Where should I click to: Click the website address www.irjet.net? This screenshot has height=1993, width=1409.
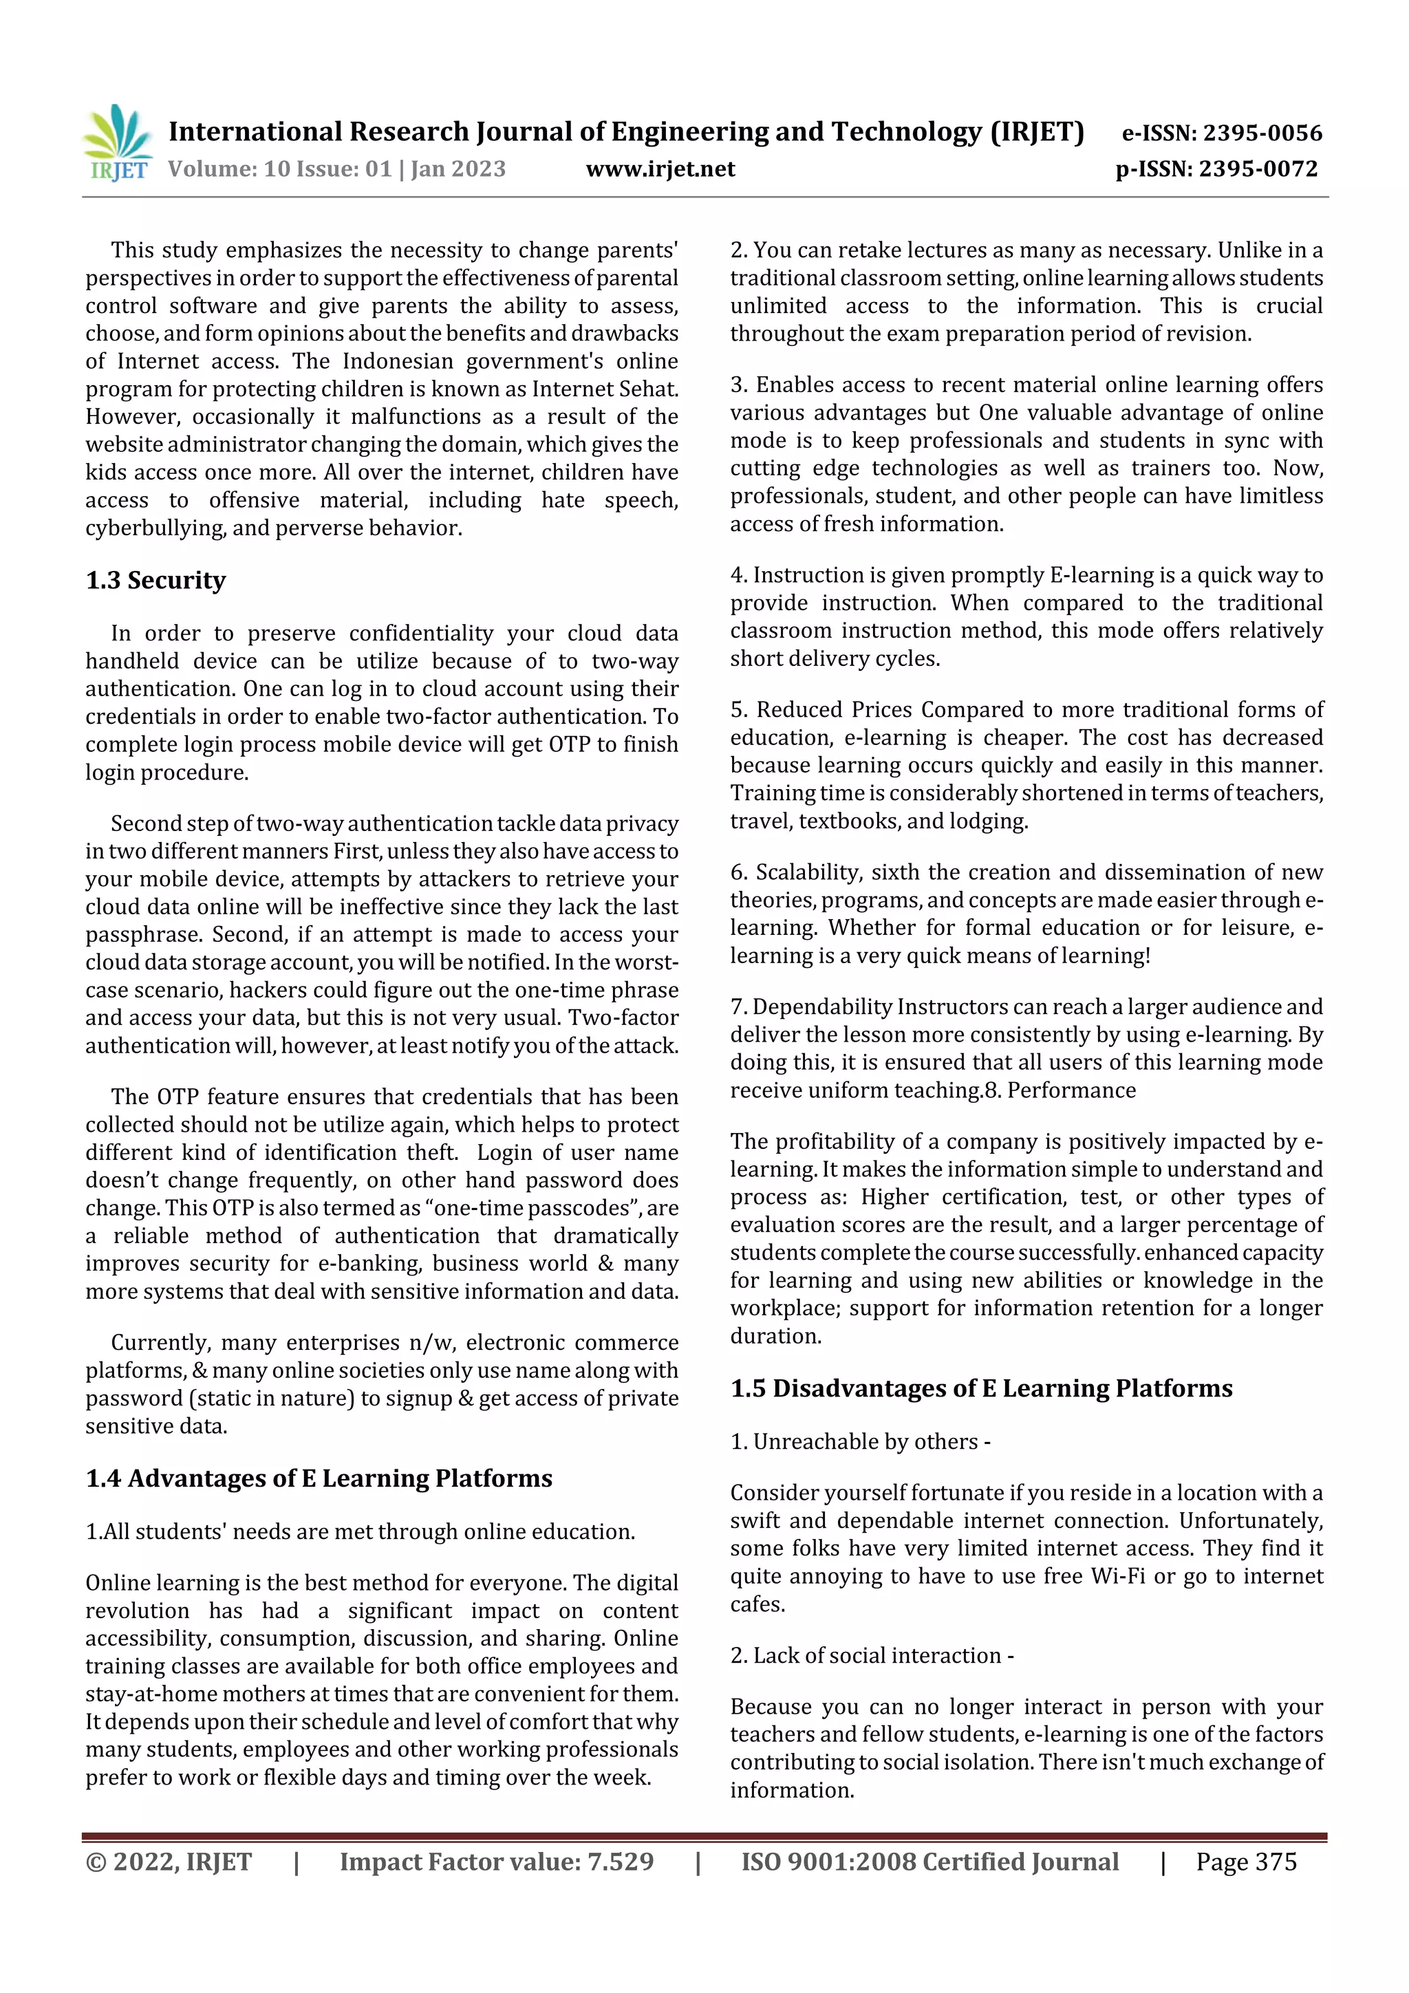tap(660, 169)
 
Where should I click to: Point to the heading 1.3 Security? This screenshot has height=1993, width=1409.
tap(155, 580)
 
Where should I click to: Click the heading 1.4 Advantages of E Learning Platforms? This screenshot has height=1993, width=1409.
tap(319, 1478)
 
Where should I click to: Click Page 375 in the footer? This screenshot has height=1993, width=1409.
tap(1246, 1861)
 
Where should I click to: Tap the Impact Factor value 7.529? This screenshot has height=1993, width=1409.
tap(620, 1861)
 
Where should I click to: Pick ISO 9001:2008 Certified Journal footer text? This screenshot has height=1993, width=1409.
tap(929, 1861)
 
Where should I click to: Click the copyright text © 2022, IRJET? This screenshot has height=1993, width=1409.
tap(169, 1861)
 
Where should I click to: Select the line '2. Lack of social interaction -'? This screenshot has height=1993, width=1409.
tap(872, 1655)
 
